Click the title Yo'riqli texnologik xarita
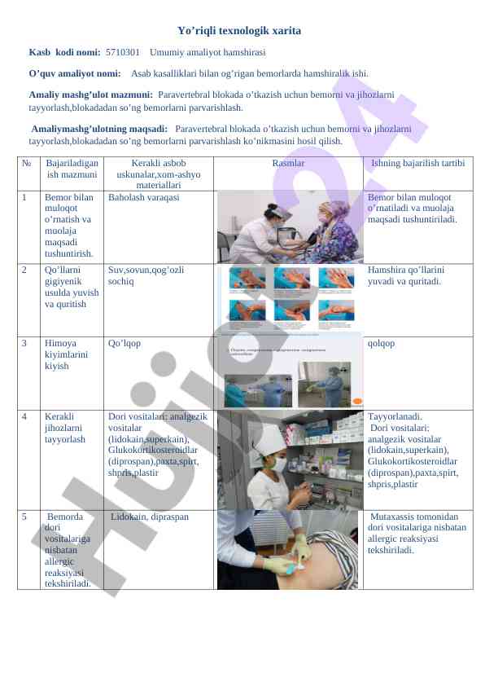pos(238,31)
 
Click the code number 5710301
pos(122,52)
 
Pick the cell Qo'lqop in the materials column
pos(124,343)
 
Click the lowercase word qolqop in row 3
pos(382,343)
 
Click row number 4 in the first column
pos(25,416)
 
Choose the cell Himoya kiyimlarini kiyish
pos(63,354)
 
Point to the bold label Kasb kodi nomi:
pos(64,52)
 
